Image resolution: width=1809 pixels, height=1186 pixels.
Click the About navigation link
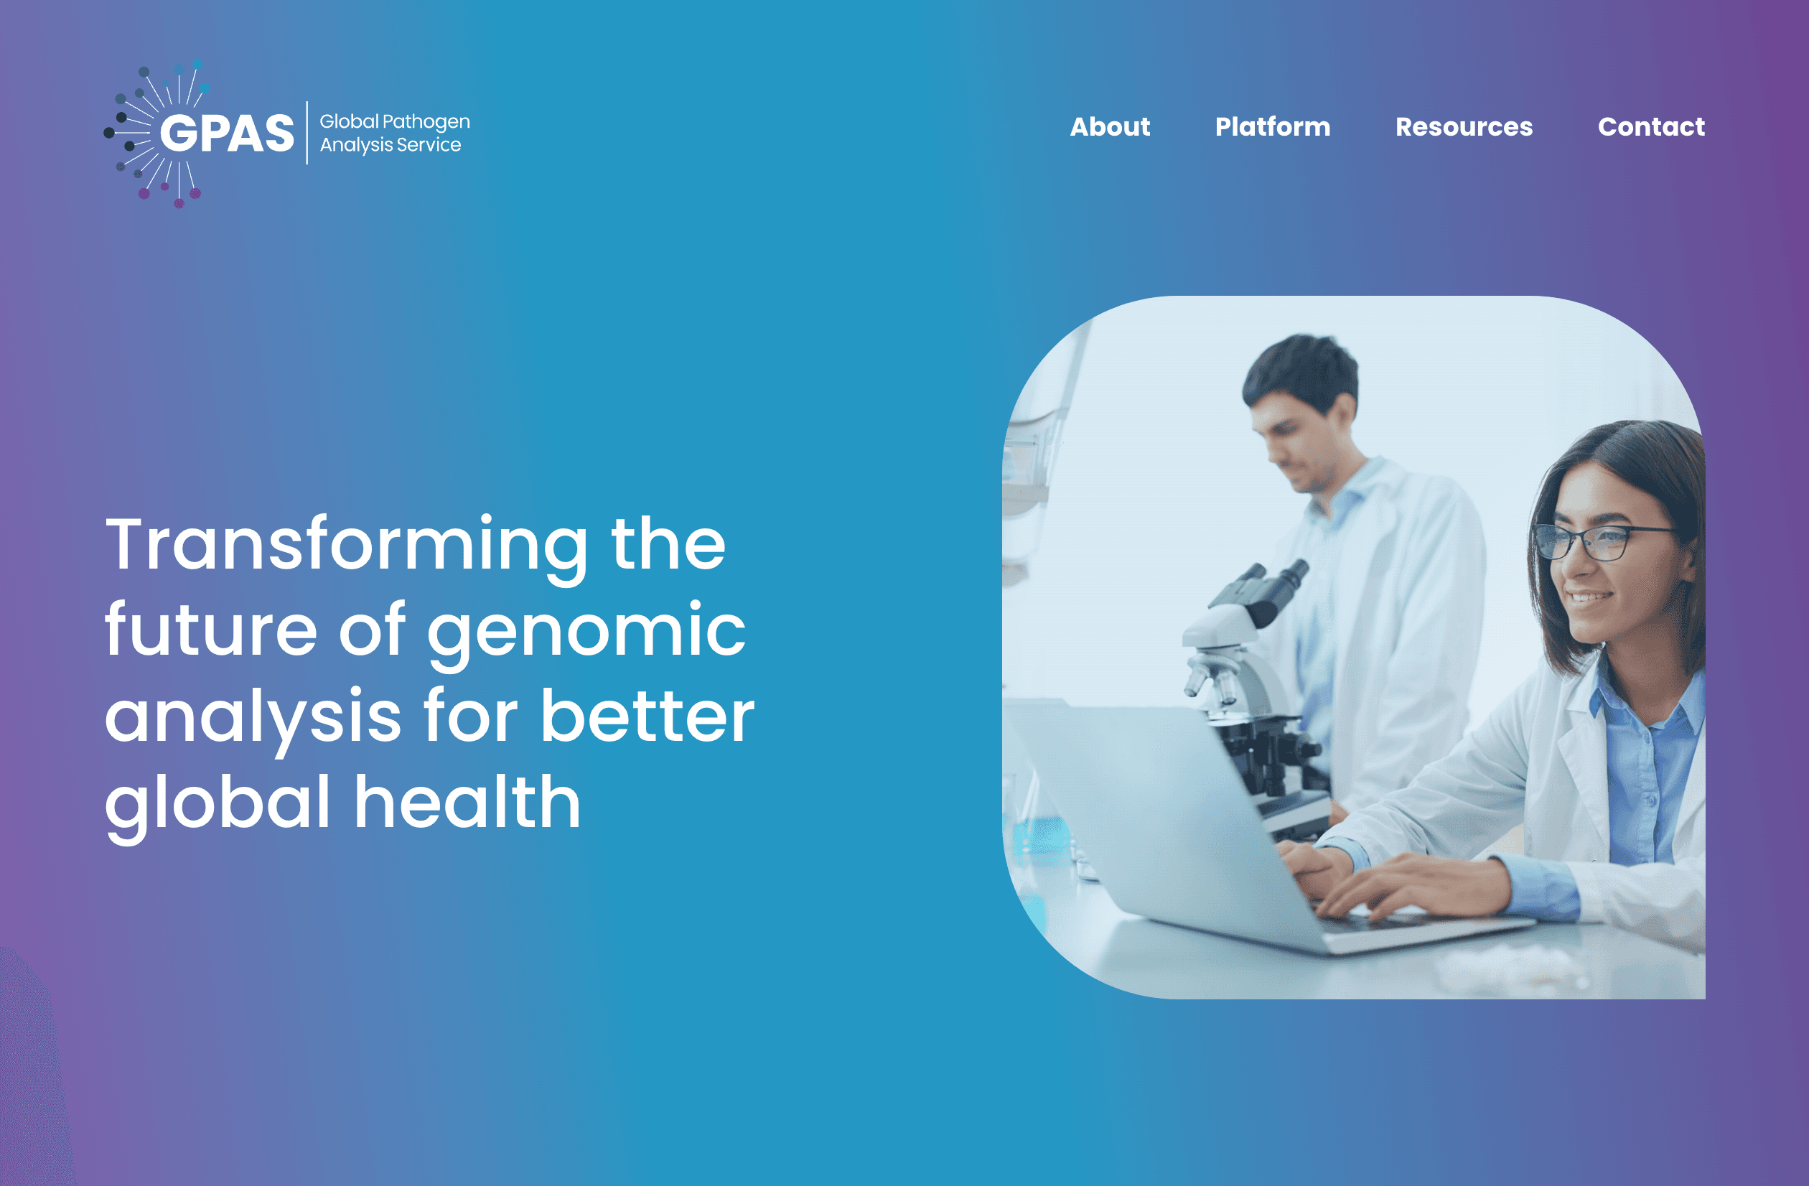(1110, 126)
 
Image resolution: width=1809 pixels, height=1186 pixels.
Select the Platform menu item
(1272, 126)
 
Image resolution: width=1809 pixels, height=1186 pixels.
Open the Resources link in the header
(1464, 126)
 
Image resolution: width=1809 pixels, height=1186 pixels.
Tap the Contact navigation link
(1651, 126)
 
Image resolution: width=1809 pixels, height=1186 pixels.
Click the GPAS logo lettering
(227, 134)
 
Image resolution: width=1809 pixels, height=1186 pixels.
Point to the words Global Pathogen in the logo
(395, 121)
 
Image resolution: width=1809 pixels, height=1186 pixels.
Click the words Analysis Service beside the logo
(390, 144)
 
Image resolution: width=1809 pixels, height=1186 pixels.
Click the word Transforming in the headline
(346, 546)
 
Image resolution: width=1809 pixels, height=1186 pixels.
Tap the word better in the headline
(647, 717)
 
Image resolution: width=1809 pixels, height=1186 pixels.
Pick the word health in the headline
(467, 803)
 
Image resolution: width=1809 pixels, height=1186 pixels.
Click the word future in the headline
(210, 631)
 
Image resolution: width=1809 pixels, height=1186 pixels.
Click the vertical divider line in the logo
(307, 132)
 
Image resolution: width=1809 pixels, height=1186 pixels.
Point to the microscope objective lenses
(1212, 681)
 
